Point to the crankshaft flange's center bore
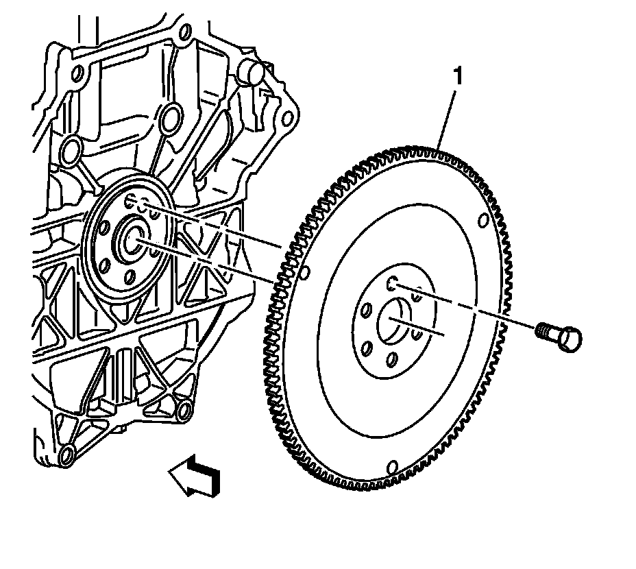click(x=132, y=240)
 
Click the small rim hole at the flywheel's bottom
click(x=393, y=467)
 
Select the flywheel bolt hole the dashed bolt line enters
click(x=392, y=283)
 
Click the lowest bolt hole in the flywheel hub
click(x=391, y=360)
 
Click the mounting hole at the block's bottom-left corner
click(x=66, y=454)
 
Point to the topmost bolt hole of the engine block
click(x=183, y=30)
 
